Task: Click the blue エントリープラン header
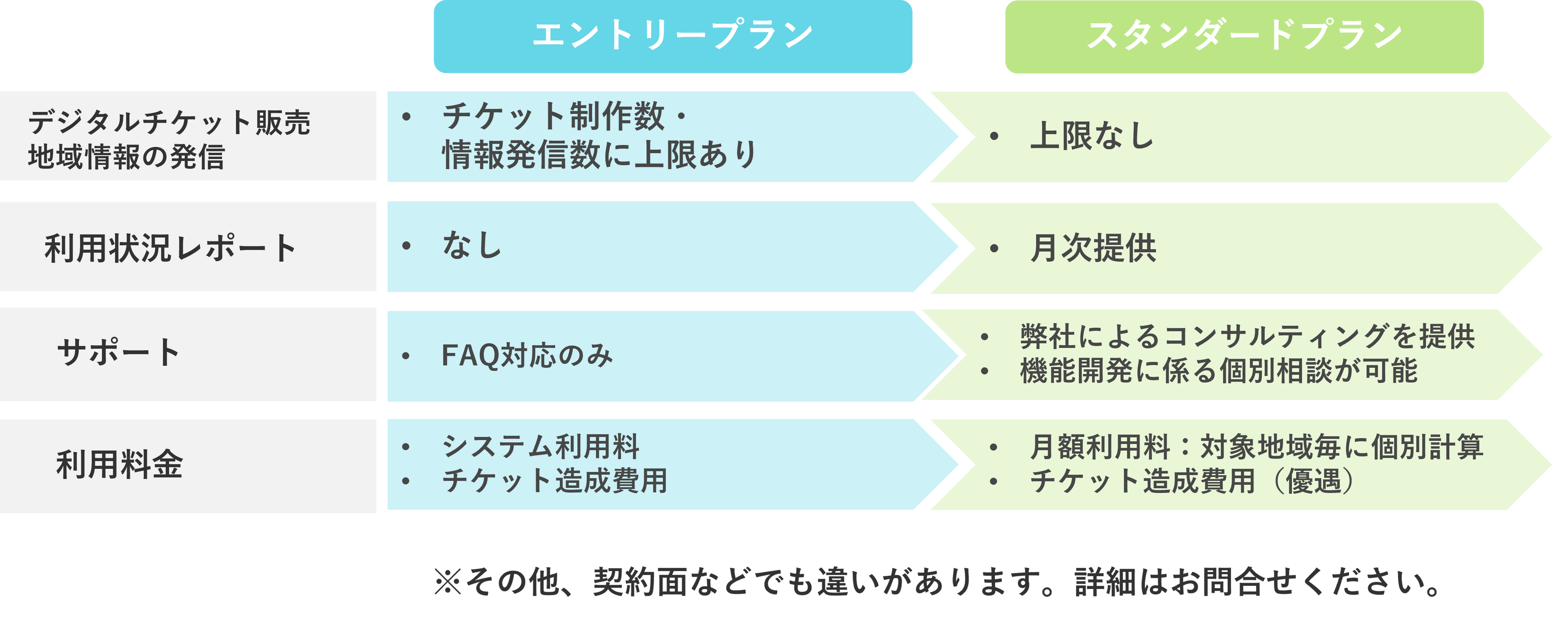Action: point(673,36)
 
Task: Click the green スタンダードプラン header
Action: point(1244,36)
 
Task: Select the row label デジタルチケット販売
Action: point(169,122)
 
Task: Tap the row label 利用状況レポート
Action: point(170,248)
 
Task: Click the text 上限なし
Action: point(1092,136)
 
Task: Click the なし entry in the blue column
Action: point(472,245)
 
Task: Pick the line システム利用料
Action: point(540,447)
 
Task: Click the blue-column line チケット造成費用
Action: point(554,481)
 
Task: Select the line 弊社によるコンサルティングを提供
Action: point(1247,336)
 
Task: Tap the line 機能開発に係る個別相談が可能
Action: point(1218,370)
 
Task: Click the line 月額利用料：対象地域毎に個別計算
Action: point(1256,447)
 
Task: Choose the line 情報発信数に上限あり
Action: point(599,155)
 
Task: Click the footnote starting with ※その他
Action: point(937,582)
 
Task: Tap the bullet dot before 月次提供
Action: point(994,248)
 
